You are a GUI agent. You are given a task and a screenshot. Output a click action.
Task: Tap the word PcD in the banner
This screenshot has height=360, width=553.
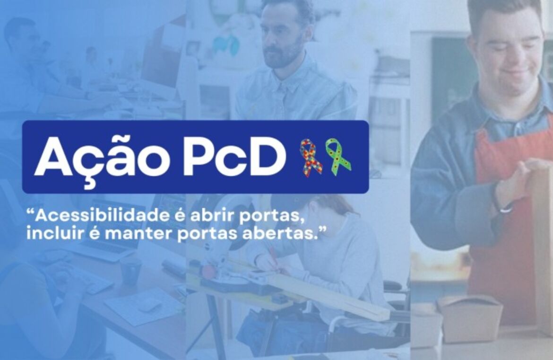point(234,158)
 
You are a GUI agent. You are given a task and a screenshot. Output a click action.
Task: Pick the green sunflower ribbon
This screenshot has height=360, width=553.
point(338,156)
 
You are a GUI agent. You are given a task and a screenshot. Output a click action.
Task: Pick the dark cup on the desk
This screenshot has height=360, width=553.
point(131,272)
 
